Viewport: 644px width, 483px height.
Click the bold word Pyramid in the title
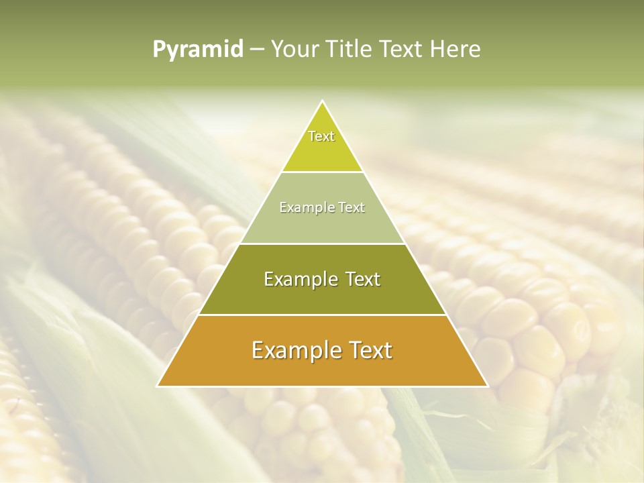[x=198, y=50]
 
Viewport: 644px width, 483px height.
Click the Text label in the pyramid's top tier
[x=321, y=136]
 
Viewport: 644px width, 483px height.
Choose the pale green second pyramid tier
[x=322, y=225]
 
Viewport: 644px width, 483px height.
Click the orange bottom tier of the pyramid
[x=322, y=369]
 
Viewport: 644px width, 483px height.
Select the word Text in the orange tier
[x=368, y=350]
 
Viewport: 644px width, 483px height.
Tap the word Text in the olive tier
[x=360, y=279]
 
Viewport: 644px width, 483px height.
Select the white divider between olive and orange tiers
[x=322, y=315]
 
